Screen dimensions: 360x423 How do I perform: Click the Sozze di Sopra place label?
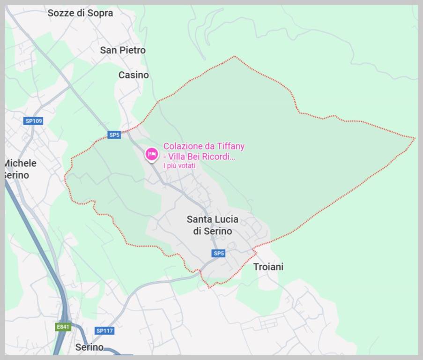80,13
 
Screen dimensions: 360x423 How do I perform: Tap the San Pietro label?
123,50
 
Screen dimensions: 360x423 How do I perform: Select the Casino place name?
134,75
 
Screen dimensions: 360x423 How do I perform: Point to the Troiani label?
268,267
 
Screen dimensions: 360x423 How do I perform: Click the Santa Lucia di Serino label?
212,225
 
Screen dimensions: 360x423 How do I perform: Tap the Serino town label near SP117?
89,347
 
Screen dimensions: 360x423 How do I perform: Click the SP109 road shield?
34,121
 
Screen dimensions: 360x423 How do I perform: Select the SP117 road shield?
104,330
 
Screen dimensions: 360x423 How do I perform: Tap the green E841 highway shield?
63,327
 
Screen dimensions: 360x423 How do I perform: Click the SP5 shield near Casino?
114,135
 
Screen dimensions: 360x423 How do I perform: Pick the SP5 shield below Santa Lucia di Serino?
219,254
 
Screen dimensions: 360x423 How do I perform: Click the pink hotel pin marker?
151,154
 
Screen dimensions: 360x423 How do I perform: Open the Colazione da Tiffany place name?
204,146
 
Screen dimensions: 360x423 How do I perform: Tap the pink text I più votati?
179,165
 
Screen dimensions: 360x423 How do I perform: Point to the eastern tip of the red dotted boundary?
415,138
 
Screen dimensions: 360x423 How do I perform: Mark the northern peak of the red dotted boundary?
235,57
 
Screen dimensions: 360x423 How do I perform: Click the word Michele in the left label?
20,163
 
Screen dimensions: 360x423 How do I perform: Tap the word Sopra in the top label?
100,13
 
